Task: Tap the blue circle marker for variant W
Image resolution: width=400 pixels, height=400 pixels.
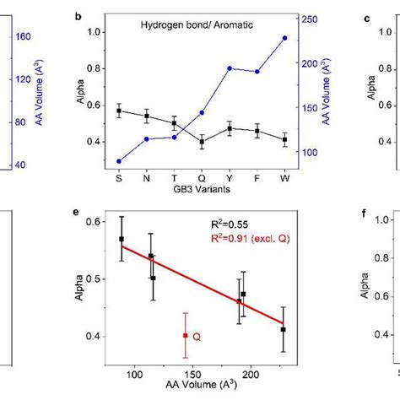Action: tap(284, 38)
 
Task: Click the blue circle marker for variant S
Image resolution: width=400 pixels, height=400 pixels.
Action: tap(119, 161)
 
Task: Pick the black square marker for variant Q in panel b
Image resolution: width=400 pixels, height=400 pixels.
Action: tap(202, 142)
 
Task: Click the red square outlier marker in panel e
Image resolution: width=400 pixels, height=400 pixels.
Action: tap(186, 335)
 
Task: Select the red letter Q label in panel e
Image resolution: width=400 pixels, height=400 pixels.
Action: tap(197, 337)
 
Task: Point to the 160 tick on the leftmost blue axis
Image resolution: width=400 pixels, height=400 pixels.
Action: tap(24, 37)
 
